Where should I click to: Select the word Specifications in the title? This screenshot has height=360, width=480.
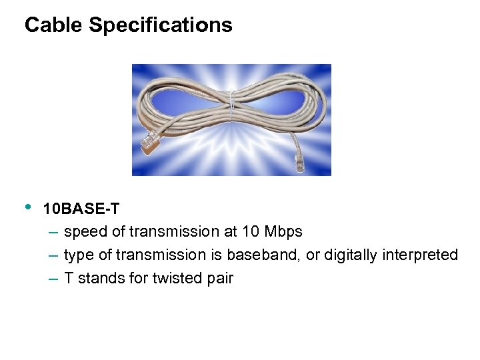tap(161, 26)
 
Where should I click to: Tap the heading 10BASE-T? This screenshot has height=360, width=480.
tap(81, 209)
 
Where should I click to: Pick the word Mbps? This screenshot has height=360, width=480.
tap(283, 232)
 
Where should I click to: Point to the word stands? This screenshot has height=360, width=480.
tap(99, 279)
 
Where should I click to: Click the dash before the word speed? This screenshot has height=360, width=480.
tap(53, 233)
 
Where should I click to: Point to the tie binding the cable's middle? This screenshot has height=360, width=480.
tap(231, 107)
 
